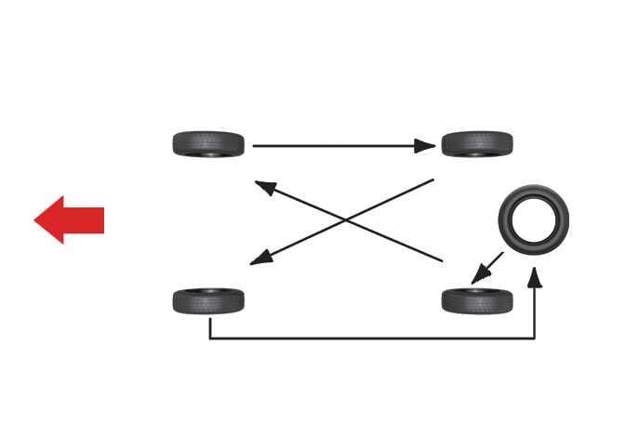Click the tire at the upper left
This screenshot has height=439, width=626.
coord(208,144)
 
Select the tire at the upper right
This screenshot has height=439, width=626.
coord(477,144)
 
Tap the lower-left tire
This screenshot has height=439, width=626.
coord(208,301)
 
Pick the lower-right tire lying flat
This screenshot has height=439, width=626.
coord(477,301)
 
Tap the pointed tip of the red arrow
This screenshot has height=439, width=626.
coord(36,220)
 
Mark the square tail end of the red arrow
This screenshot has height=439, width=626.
coord(102,220)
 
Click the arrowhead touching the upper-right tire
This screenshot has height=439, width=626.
coord(425,146)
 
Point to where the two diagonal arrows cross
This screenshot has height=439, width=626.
coord(346,219)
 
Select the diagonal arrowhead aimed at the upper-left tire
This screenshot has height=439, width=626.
coord(265,186)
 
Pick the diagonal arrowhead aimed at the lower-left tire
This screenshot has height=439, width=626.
coord(260,259)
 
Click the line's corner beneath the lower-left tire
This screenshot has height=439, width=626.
coord(210,338)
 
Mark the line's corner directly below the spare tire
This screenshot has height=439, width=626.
coord(535,338)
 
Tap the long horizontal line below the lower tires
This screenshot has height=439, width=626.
coord(372,338)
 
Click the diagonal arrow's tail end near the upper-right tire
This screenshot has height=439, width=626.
coord(433,180)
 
